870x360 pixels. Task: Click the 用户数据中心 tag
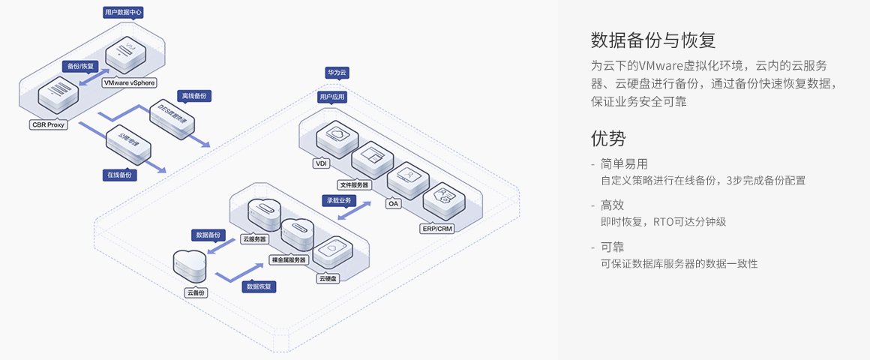tap(122, 13)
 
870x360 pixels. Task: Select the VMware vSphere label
tap(130, 83)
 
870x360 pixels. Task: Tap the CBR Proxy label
tap(49, 124)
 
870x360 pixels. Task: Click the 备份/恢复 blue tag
tap(80, 66)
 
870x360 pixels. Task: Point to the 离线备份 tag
tap(194, 96)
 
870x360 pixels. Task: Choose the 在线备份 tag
tap(119, 175)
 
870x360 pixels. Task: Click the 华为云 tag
tap(337, 73)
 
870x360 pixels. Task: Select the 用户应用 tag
tap(331, 97)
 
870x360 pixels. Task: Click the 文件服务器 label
tap(354, 184)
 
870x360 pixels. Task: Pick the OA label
tap(393, 203)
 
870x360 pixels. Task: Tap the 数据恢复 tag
tap(259, 286)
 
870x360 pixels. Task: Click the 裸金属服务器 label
tap(288, 259)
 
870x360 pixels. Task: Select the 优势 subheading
tap(607, 138)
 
